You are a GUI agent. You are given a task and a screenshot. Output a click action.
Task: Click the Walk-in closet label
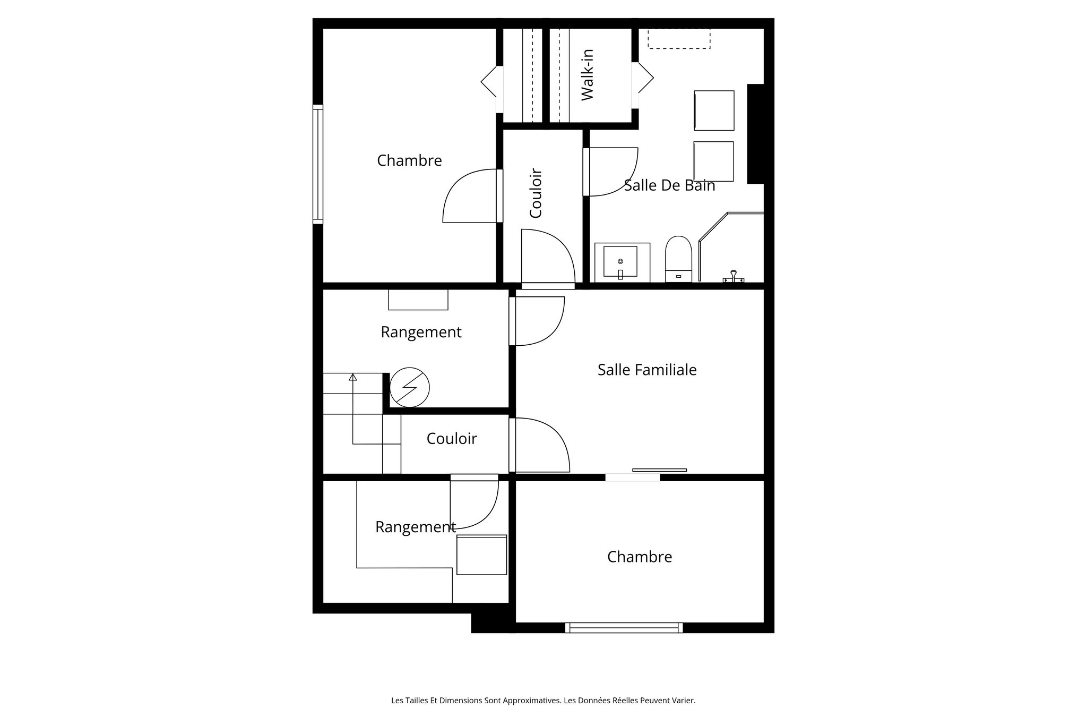(587, 75)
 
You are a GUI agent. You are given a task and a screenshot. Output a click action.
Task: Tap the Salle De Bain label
(669, 185)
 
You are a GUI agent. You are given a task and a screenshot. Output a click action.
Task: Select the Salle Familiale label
(646, 370)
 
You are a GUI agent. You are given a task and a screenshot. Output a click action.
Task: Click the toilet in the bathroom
(678, 259)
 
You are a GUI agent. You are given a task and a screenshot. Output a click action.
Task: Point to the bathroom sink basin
(620, 261)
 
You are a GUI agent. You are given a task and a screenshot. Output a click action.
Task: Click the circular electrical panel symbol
(409, 388)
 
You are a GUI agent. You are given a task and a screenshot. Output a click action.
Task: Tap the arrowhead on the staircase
(352, 377)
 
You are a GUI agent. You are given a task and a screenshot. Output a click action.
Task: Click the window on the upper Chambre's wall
(317, 164)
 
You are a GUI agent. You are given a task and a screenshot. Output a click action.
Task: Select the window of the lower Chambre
(624, 628)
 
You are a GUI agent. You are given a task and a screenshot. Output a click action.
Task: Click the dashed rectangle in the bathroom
(679, 39)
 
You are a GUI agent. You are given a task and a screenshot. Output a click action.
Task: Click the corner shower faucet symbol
(734, 277)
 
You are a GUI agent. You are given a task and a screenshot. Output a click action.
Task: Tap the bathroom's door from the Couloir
(610, 172)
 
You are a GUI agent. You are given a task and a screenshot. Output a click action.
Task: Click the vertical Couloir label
(536, 193)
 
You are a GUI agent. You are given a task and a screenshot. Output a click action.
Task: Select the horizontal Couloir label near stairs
(452, 439)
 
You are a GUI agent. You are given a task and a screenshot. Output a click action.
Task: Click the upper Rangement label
(421, 332)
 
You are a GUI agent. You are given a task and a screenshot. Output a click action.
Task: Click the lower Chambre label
(639, 557)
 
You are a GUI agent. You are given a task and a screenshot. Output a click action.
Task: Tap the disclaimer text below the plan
(543, 701)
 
